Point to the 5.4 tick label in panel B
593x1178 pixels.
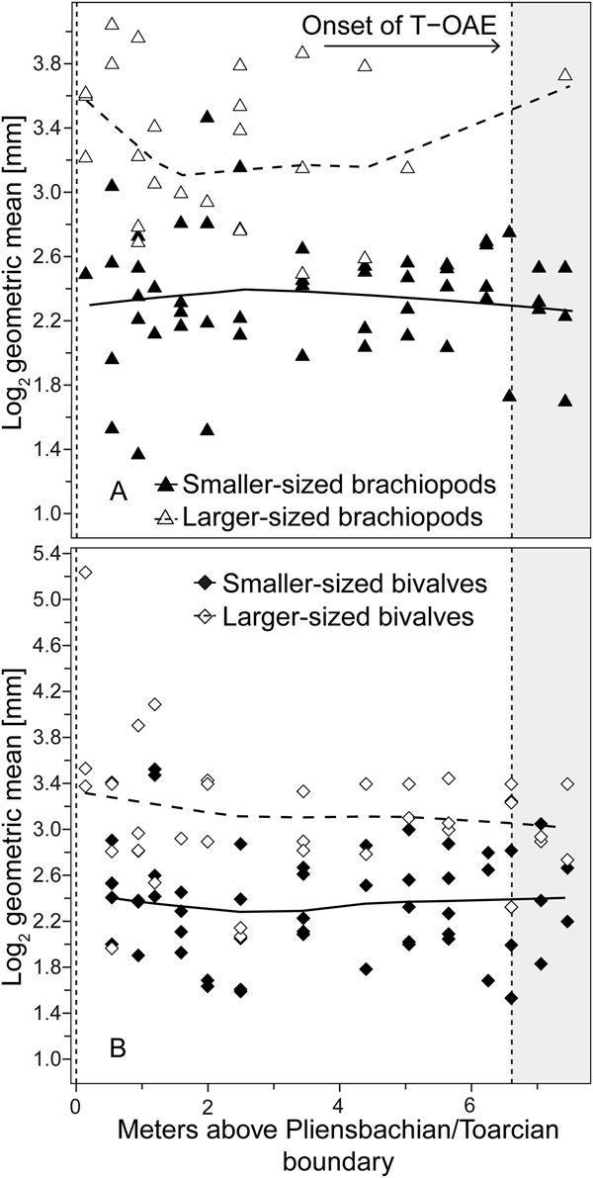48,553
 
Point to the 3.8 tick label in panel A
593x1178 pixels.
48,64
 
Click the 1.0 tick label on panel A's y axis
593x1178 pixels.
48,513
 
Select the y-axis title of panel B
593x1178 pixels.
16,826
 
